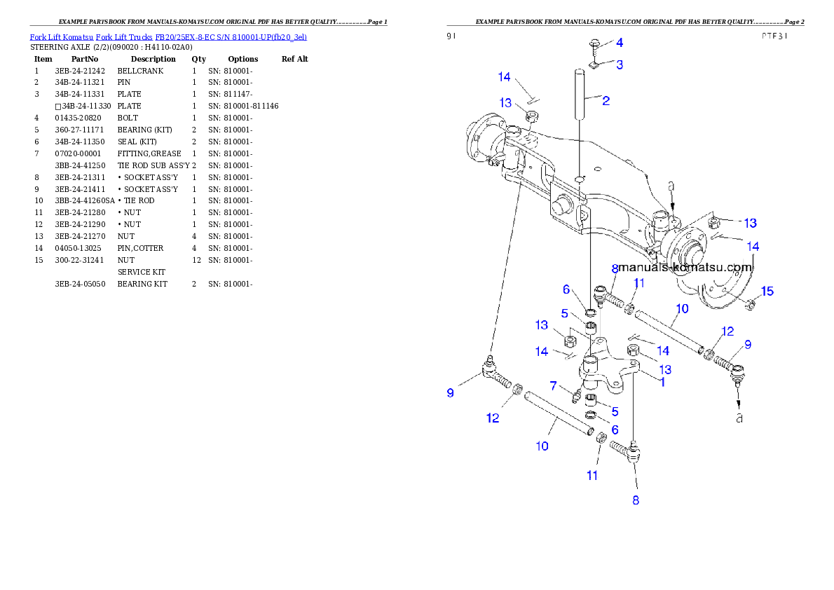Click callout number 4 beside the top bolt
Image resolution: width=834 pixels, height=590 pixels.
619,42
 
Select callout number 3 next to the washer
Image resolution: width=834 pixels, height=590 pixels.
619,64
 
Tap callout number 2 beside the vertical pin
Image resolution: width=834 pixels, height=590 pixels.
606,101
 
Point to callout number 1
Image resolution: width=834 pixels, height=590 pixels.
662,383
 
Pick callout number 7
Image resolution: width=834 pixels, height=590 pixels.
553,385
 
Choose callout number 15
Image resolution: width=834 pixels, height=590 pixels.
767,291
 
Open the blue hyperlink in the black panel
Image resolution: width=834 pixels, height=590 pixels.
168,36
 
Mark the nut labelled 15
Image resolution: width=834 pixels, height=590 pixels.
748,304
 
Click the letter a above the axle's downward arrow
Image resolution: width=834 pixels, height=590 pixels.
671,187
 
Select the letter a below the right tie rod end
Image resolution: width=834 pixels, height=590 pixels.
738,418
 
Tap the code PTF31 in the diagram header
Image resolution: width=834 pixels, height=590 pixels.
774,36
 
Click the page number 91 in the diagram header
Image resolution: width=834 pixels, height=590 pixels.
451,36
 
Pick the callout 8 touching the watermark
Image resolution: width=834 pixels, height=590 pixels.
615,268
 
